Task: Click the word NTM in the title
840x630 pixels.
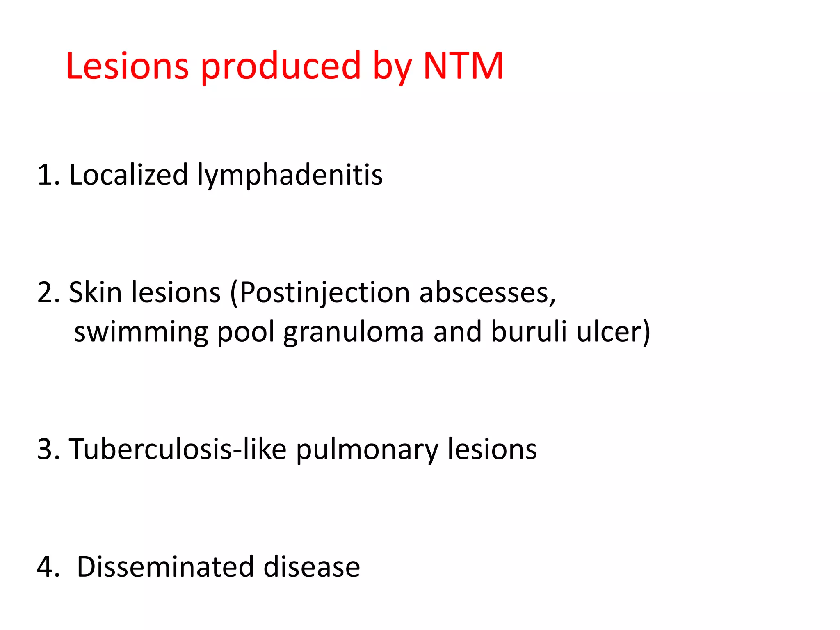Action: (463, 66)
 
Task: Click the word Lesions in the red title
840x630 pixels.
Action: (127, 66)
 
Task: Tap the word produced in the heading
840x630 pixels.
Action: (281, 66)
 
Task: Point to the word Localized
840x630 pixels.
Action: (128, 175)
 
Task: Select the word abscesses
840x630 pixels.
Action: (487, 293)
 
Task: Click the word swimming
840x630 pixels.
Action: (141, 332)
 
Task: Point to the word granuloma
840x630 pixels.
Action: (354, 332)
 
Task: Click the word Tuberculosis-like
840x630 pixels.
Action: (177, 449)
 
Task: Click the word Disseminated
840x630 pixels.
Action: (165, 567)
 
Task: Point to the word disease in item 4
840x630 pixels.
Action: (312, 567)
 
